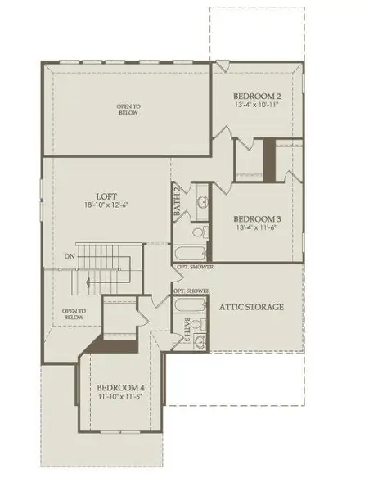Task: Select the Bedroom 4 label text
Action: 120,387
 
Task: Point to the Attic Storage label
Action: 251,308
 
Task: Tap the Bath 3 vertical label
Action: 187,328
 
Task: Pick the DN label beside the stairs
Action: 70,255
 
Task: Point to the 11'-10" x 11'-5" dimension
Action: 120,398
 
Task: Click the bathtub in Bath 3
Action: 190,307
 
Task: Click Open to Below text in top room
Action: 127,110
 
